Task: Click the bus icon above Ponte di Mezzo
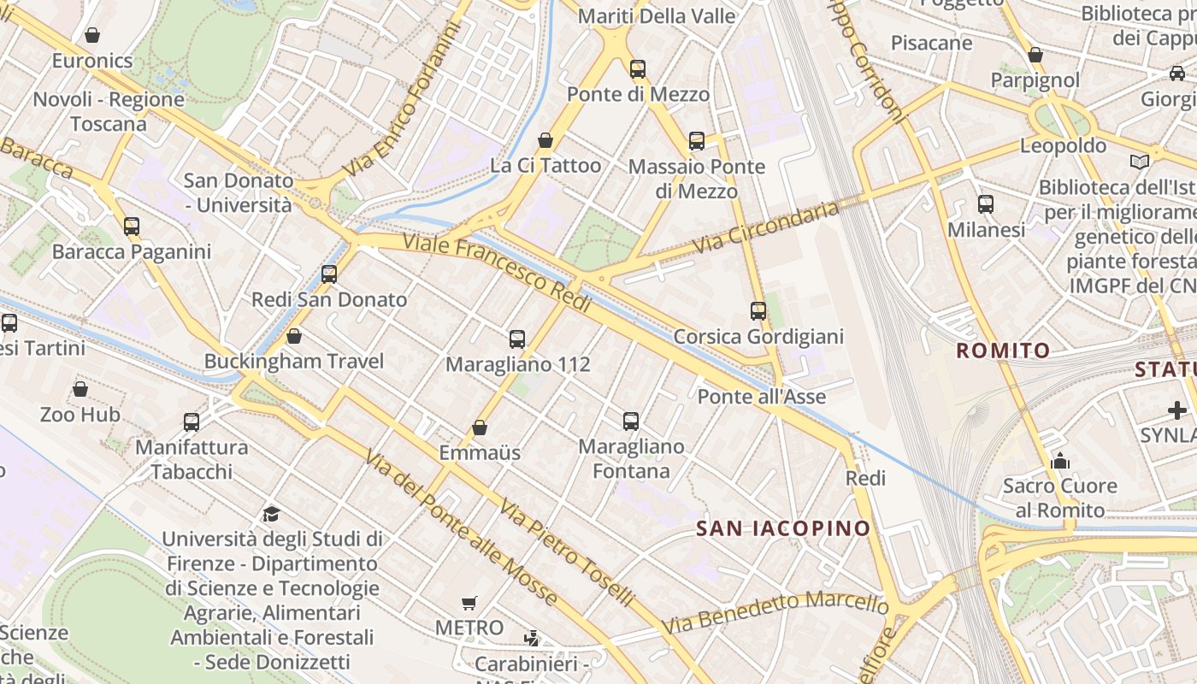pos(638,69)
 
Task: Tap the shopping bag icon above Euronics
pos(92,35)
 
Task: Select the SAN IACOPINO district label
pos(782,528)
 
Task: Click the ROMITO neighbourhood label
pos(1003,350)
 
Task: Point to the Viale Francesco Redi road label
pos(497,272)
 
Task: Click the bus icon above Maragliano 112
pos(516,339)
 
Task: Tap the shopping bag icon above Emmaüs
pos(480,427)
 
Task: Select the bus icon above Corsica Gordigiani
pos(758,311)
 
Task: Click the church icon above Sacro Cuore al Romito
pos(1060,461)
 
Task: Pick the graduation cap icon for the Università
pos(271,514)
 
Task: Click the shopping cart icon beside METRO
pos(469,603)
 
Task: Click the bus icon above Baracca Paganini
pos(132,227)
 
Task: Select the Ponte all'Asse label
pos(761,396)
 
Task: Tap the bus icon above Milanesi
pos(986,204)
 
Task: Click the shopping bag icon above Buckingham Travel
pos(294,336)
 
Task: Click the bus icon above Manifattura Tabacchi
pos(192,422)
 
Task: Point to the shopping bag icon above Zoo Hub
pos(80,390)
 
